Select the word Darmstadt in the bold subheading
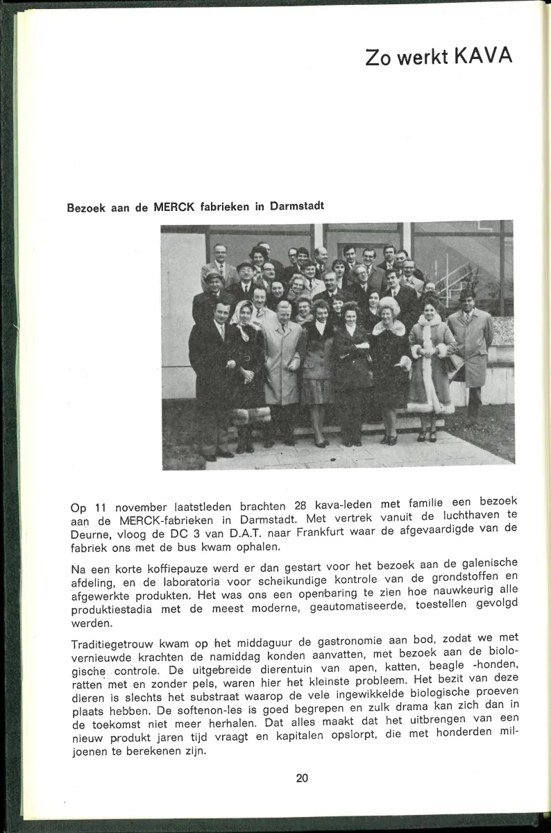[296, 206]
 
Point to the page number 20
[302, 778]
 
